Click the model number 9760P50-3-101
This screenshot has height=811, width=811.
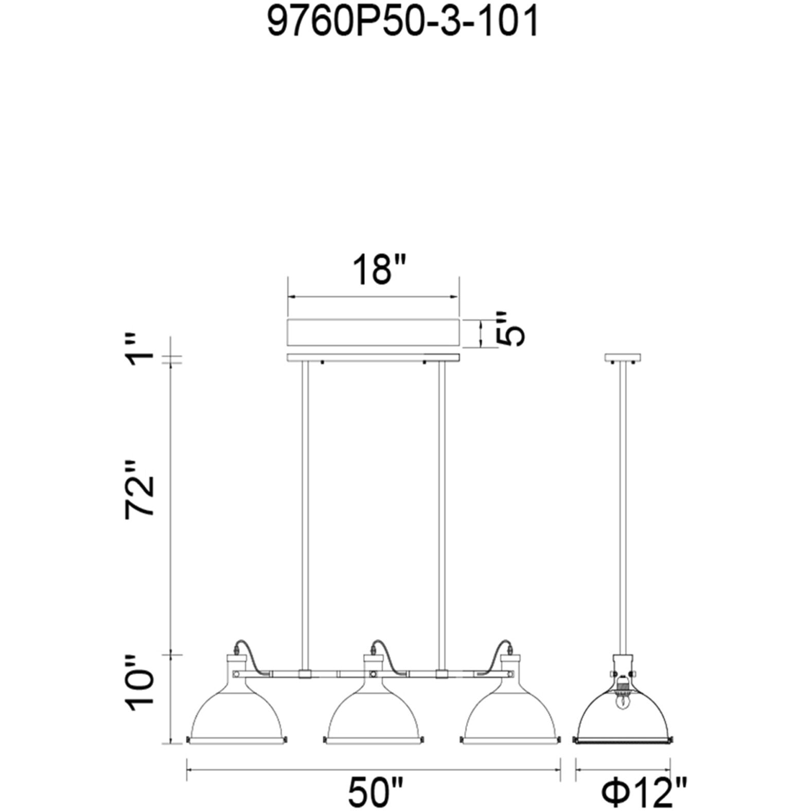point(403,22)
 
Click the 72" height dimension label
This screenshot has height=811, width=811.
point(139,488)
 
